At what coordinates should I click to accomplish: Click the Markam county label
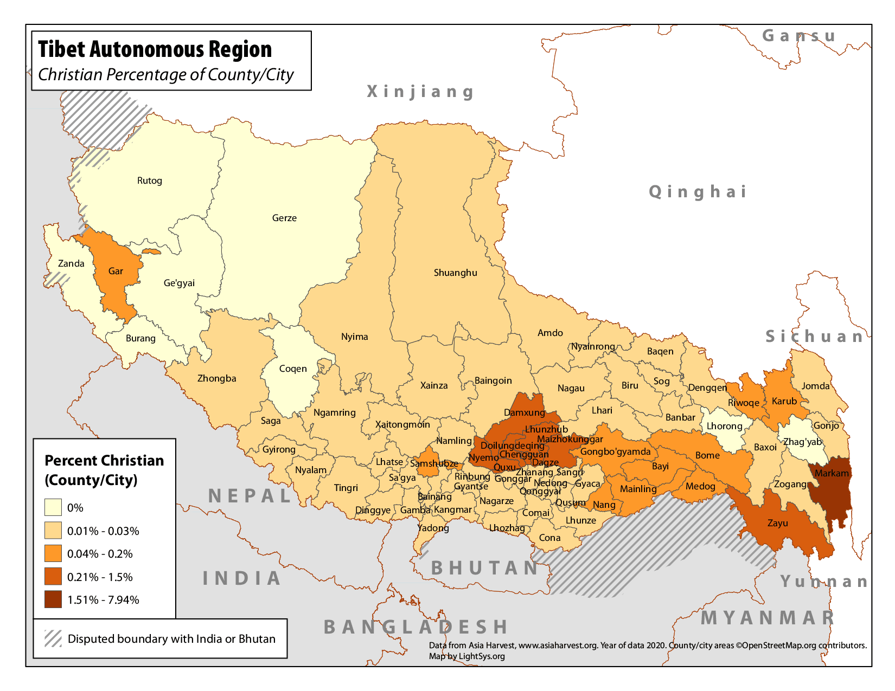(832, 473)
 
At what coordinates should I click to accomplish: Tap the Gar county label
(116, 271)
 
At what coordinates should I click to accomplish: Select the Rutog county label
(150, 180)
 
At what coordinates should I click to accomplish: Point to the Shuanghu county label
(455, 273)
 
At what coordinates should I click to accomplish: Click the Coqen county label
(293, 369)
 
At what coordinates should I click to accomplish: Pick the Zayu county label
(777, 523)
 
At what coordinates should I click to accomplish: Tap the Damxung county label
(524, 412)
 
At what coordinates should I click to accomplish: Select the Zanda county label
(71, 263)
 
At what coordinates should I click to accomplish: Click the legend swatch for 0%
(53, 508)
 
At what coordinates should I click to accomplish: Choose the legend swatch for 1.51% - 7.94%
(53, 599)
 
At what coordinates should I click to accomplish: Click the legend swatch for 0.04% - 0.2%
(53, 553)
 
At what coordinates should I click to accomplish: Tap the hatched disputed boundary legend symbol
(53, 638)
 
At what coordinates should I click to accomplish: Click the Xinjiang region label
(420, 92)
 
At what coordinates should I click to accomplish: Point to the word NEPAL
(250, 495)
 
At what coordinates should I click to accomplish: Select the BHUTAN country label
(484, 567)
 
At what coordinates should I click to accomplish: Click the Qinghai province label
(698, 191)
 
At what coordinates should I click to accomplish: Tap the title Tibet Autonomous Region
(155, 49)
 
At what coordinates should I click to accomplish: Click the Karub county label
(784, 401)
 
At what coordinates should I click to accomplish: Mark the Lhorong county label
(724, 426)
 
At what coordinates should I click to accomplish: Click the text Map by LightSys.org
(466, 656)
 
